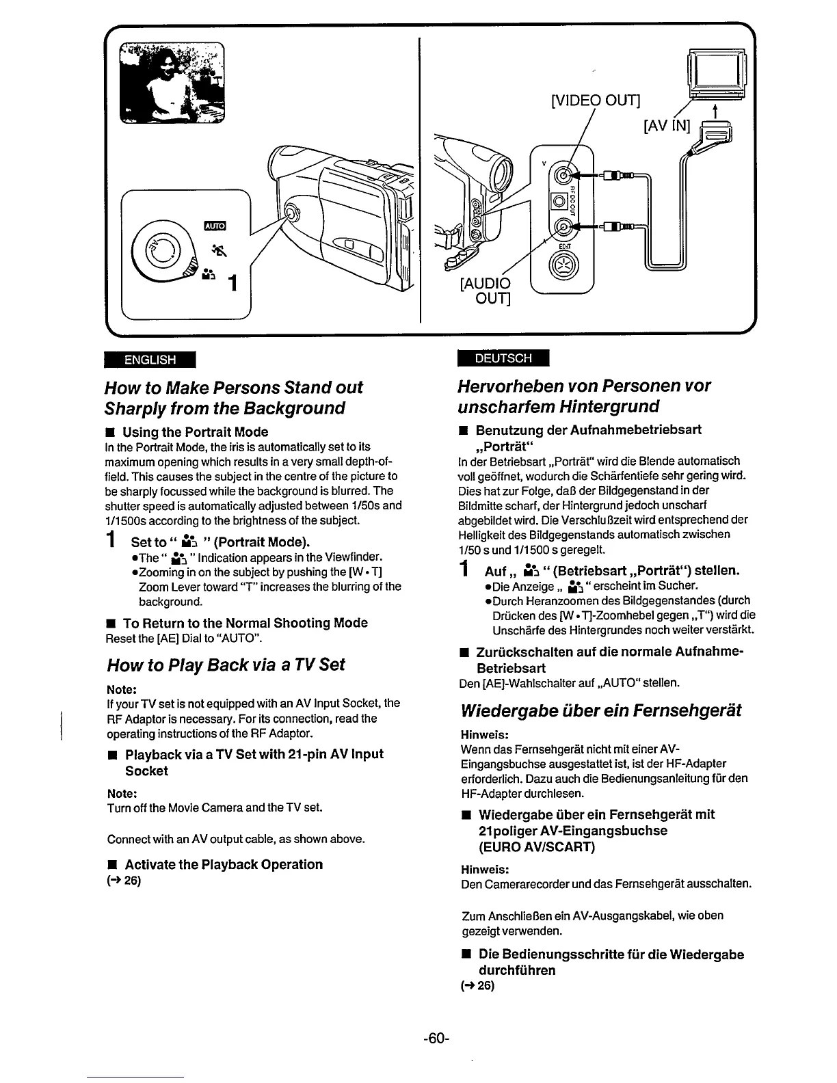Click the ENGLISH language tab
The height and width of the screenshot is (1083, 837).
point(150,360)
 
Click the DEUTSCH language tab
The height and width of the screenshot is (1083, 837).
point(503,358)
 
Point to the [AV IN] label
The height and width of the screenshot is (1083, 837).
point(667,127)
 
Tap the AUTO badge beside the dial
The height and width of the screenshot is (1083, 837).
point(215,226)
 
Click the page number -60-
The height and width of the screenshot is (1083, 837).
point(436,1038)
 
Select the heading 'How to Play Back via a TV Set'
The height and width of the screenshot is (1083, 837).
point(226,665)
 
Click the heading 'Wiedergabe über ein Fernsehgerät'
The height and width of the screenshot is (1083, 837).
point(601,710)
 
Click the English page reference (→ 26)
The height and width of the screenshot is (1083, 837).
point(124,880)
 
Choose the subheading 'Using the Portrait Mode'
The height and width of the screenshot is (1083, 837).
point(195,432)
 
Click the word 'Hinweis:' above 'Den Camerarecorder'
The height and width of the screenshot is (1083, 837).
point(485,869)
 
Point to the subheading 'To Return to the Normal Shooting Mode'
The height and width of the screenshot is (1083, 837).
point(245,623)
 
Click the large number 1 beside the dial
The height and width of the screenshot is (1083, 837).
point(233,282)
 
